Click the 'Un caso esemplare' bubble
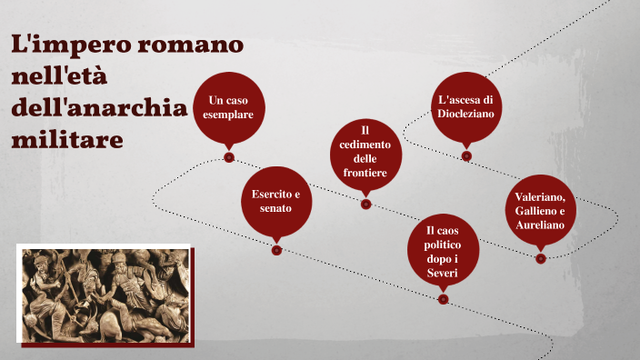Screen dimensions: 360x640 pyautogui.click(x=229, y=106)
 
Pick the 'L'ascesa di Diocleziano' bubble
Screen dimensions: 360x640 pyautogui.click(x=465, y=107)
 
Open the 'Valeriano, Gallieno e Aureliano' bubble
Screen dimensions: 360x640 pyautogui.click(x=540, y=211)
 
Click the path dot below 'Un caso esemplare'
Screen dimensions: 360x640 pyautogui.click(x=229, y=156)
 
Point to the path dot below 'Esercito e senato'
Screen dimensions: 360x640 pyautogui.click(x=276, y=250)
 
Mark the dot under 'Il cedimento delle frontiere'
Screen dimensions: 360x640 pyautogui.click(x=365, y=204)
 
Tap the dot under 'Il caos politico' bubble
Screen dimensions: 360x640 pyautogui.click(x=443, y=298)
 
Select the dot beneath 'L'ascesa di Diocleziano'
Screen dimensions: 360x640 pyautogui.click(x=466, y=155)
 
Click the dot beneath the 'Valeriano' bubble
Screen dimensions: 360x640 pyautogui.click(x=541, y=259)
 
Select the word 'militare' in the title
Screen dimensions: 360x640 pyautogui.click(x=66, y=140)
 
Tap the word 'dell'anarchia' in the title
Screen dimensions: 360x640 pyautogui.click(x=98, y=108)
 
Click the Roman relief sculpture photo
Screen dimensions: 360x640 pyautogui.click(x=105, y=295)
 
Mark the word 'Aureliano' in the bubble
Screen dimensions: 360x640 pyautogui.click(x=540, y=225)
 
